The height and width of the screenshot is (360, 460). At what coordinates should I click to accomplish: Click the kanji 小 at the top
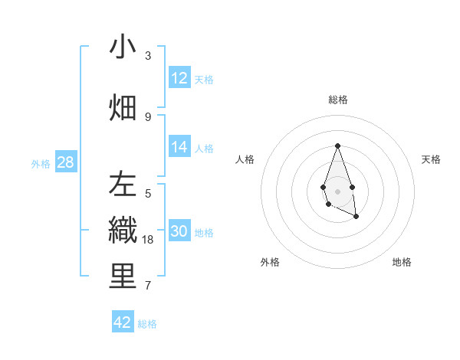pyautogui.click(x=123, y=47)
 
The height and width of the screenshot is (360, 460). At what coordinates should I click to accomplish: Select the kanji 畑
pyautogui.click(x=123, y=106)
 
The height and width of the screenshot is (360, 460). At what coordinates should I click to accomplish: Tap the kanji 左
pyautogui.click(x=123, y=185)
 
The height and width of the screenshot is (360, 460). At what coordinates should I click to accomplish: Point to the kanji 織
pyautogui.click(x=123, y=231)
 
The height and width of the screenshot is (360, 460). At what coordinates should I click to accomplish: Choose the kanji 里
pyautogui.click(x=123, y=277)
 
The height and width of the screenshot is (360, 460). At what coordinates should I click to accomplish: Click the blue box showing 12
pyautogui.click(x=179, y=78)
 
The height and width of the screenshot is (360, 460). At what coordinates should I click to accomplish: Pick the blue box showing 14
pyautogui.click(x=179, y=148)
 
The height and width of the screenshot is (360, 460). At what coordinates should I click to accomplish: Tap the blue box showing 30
pyautogui.click(x=179, y=232)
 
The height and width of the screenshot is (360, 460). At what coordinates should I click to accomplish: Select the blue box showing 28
pyautogui.click(x=65, y=162)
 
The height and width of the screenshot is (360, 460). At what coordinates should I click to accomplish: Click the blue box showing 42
pyautogui.click(x=123, y=322)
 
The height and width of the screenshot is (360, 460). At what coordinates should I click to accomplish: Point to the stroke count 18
pyautogui.click(x=149, y=240)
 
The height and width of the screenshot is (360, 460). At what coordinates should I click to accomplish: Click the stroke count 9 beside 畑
pyautogui.click(x=148, y=116)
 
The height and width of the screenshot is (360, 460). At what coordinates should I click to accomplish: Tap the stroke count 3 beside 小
pyautogui.click(x=148, y=56)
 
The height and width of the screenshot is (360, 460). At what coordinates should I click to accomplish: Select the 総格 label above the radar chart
pyautogui.click(x=337, y=100)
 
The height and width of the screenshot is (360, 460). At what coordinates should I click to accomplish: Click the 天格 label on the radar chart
pyautogui.click(x=431, y=159)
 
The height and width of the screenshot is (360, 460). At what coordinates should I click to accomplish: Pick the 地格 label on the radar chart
pyautogui.click(x=402, y=262)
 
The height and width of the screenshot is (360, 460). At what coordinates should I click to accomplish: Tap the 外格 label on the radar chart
pyautogui.click(x=270, y=262)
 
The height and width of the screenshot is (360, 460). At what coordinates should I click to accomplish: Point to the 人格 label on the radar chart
pyautogui.click(x=245, y=159)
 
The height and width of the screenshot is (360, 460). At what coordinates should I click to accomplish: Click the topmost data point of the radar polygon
pyautogui.click(x=337, y=146)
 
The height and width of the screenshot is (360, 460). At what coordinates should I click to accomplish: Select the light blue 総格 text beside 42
pyautogui.click(x=147, y=324)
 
